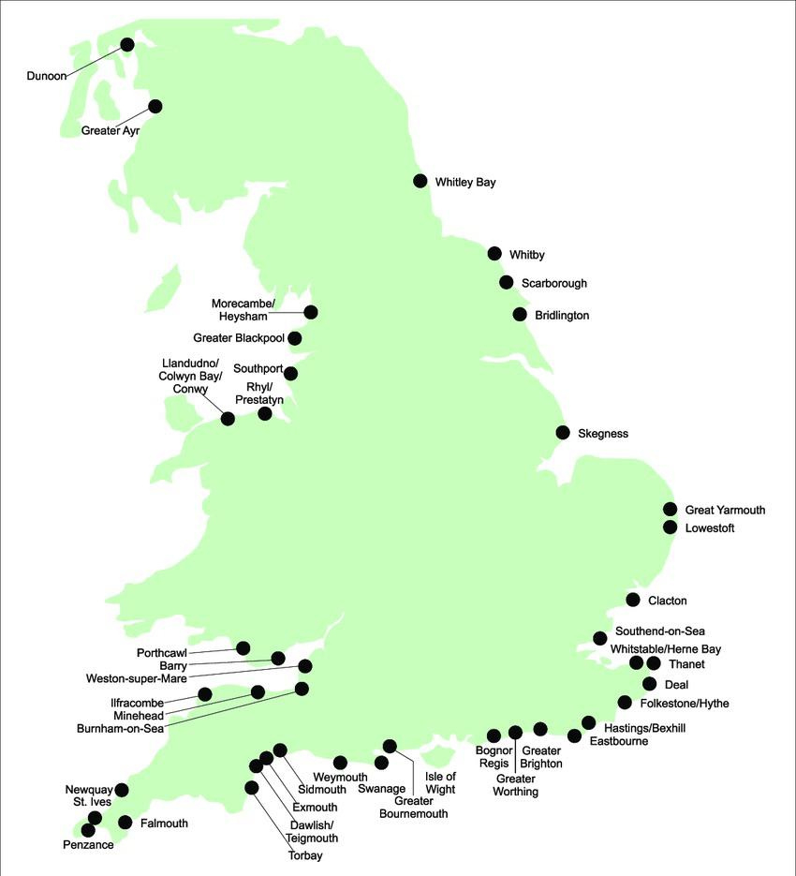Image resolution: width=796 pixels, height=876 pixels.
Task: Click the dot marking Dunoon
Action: [127, 44]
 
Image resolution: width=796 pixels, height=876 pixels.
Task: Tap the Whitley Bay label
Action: [465, 183]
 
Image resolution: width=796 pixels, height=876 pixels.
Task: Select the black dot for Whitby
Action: [494, 253]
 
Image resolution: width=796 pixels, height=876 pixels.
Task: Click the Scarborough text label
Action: [554, 283]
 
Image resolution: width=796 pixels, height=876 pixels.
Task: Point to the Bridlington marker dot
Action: [520, 314]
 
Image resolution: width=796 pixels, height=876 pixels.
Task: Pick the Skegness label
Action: [603, 434]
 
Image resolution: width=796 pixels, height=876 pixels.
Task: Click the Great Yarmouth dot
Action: [670, 509]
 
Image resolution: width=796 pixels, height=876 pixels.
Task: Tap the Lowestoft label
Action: [710, 528]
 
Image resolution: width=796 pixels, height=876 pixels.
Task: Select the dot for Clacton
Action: [633, 600]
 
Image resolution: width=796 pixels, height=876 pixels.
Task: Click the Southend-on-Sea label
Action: [655, 631]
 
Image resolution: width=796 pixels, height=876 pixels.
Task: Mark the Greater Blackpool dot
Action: [295, 338]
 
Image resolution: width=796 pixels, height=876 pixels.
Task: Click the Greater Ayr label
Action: [111, 130]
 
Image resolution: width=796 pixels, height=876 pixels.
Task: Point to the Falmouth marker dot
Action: [125, 823]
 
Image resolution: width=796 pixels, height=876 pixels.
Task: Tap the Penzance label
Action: [89, 845]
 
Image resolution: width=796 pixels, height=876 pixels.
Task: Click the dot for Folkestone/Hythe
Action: [625, 703]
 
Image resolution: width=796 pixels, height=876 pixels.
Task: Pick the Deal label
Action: [675, 685]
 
